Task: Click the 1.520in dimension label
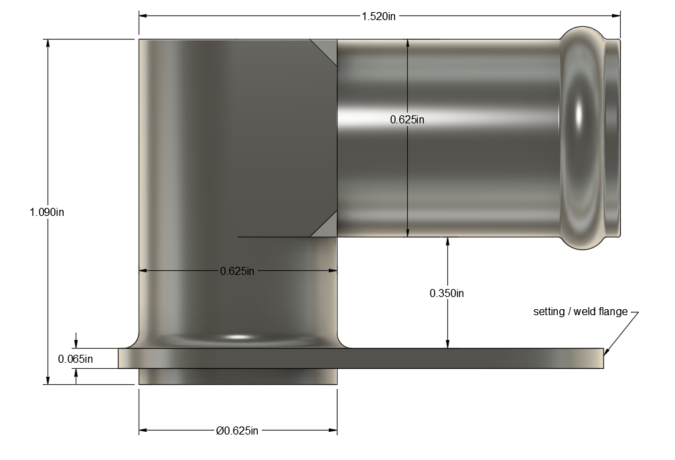tap(378, 16)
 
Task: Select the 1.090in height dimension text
tap(47, 212)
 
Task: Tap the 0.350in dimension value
tap(447, 293)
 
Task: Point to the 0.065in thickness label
tap(75, 359)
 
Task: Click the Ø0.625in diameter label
tap(237, 430)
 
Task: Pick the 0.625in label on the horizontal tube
tap(407, 119)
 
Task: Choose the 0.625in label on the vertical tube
tap(237, 271)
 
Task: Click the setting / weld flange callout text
tap(581, 311)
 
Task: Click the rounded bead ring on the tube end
tap(582, 138)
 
